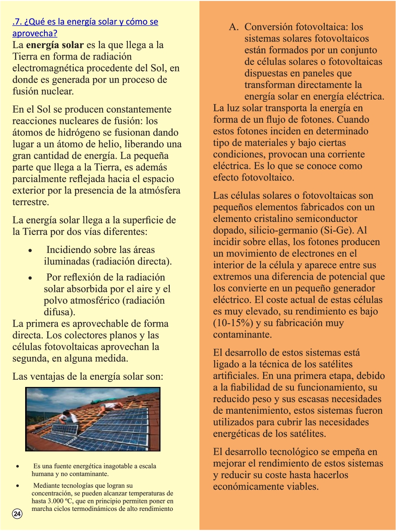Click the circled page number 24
[17, 514]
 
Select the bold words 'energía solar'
[54, 45]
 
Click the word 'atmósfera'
[160, 191]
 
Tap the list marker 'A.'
[233, 27]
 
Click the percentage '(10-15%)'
[232, 323]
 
